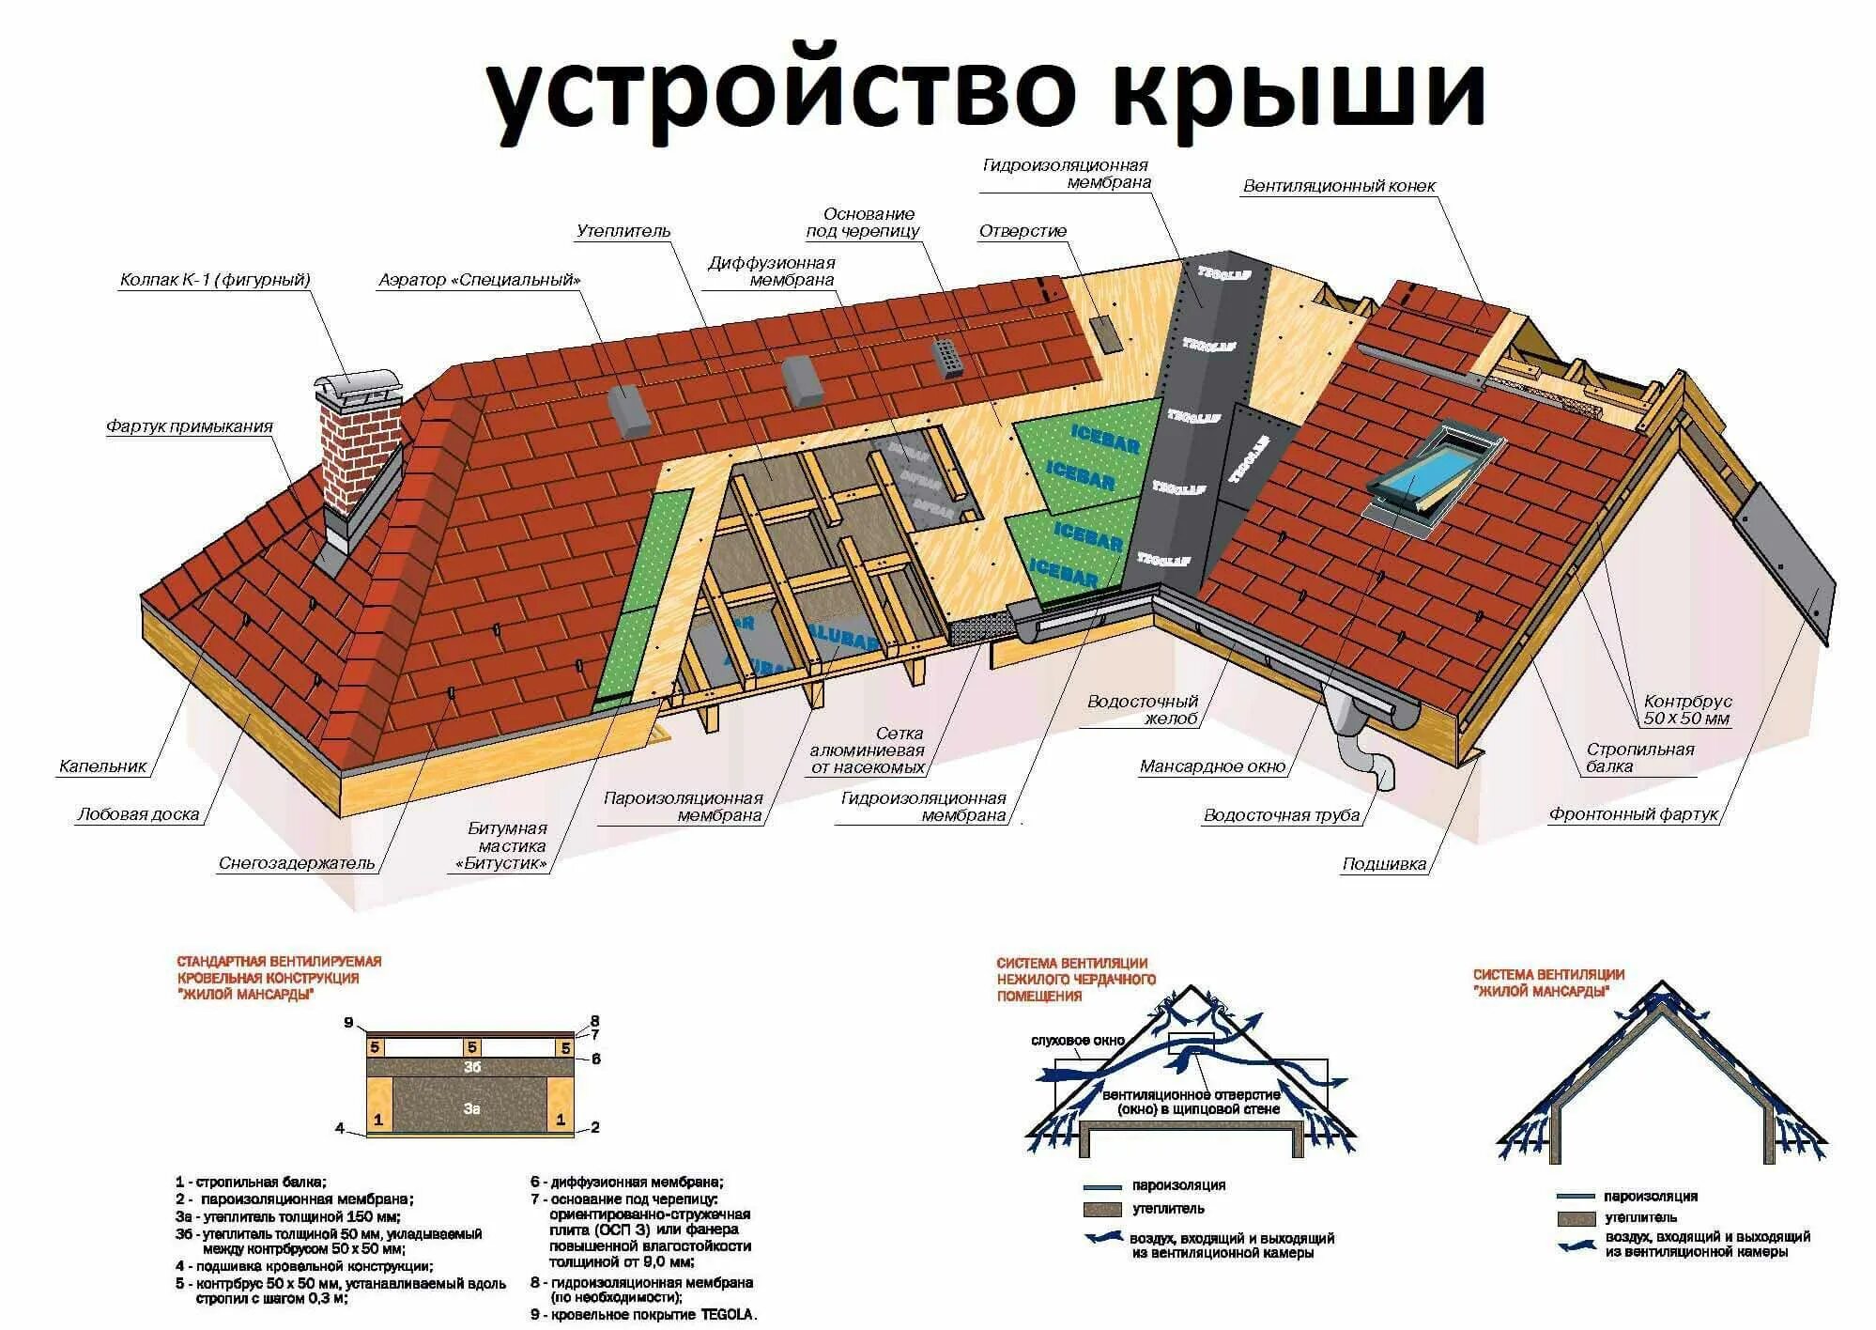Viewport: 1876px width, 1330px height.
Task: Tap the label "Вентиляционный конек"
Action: [1339, 186]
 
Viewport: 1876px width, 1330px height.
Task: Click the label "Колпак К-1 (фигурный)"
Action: [215, 280]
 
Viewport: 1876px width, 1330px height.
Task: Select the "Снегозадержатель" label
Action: [297, 863]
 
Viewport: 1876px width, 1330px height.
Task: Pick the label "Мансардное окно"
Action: [1212, 766]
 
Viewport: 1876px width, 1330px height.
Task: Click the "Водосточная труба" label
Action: [1282, 815]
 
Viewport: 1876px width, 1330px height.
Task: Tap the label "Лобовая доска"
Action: [139, 814]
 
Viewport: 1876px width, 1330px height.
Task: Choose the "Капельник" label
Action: [103, 766]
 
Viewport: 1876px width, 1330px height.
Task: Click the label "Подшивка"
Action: [1384, 864]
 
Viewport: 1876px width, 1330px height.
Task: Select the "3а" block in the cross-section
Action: [471, 1108]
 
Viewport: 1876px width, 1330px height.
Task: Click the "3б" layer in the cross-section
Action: [471, 1067]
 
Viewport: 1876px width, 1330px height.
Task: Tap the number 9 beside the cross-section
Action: [348, 1023]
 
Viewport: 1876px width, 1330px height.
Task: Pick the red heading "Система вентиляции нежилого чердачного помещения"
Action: [1072, 979]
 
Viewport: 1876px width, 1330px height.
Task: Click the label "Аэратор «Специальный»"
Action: [480, 280]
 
